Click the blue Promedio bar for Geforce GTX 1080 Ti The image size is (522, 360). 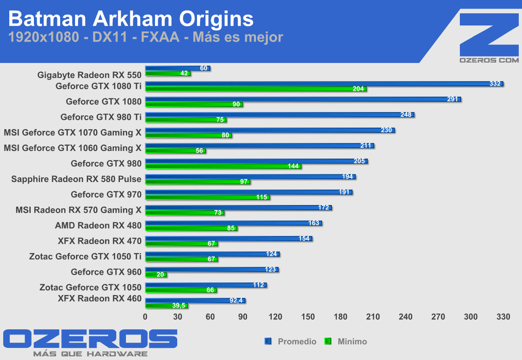pos(323,84)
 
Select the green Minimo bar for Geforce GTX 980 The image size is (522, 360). pos(223,166)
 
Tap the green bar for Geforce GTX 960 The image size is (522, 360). pos(156,275)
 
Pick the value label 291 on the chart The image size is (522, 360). pos(452,99)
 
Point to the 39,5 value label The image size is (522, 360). pos(178,306)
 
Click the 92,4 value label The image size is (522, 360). pos(236,301)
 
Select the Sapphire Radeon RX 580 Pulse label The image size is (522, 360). pos(76,179)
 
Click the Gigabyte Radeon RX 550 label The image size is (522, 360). pos(89,75)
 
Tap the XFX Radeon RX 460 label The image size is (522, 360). pos(99,299)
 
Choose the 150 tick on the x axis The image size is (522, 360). pos(308,317)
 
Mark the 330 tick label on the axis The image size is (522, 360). pos(503,317)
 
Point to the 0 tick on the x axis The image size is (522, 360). pos(145,317)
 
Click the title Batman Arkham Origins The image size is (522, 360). pos(131,19)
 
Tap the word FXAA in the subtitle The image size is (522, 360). pos(160,37)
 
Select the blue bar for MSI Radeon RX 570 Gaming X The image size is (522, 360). pos(238,208)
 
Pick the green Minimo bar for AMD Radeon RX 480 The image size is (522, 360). pos(191,228)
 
